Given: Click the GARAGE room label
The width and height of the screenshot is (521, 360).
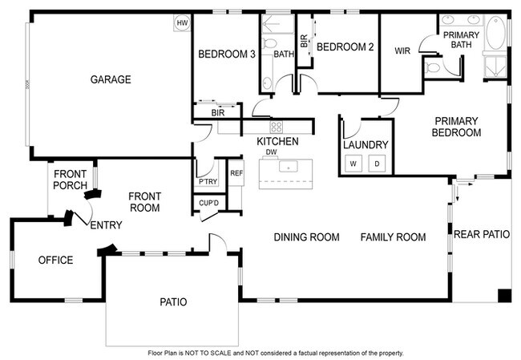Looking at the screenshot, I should pos(111,79).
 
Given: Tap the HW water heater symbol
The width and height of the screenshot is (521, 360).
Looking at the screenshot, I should pos(182,23).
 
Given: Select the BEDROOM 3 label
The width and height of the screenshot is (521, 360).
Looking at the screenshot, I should pos(227,55).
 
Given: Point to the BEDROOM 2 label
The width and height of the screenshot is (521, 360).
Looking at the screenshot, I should pos(345,47).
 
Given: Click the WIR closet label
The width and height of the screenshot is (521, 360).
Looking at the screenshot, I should pos(402,51).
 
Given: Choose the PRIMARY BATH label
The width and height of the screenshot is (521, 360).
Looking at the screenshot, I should pos(462,40).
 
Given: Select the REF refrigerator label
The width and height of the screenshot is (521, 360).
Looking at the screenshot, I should pos(236,172).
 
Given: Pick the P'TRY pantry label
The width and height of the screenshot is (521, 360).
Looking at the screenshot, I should pos(208,182).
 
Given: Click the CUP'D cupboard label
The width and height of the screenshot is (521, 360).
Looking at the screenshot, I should pos(209,203).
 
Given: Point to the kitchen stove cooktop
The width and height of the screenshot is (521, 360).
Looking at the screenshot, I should pos(277,127).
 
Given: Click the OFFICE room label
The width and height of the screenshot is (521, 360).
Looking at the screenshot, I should pos(56,261).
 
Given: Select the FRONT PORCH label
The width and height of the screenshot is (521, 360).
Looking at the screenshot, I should pos(71,180).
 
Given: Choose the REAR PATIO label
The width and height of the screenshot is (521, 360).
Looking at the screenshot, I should pos(482,235).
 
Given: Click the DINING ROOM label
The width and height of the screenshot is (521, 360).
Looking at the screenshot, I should pos(306,237).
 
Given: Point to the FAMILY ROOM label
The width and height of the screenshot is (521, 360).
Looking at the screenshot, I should pos(393,237).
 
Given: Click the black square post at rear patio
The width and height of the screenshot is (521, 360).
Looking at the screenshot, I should pos(503,295).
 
